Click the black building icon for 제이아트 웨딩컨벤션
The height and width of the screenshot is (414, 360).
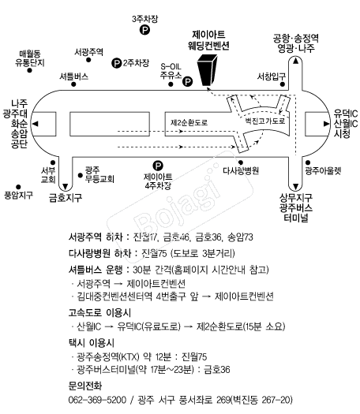point(207,70)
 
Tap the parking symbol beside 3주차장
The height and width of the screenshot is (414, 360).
point(144,29)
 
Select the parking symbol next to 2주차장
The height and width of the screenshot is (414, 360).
point(116,63)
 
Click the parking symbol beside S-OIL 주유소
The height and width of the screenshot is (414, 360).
point(187,81)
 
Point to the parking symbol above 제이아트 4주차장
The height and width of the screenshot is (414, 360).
point(158,166)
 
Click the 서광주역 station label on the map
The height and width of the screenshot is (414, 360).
point(88,52)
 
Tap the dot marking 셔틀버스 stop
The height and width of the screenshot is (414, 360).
point(73,84)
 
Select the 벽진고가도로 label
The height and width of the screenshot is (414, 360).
point(265,121)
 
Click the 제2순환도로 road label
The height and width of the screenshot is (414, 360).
point(189,122)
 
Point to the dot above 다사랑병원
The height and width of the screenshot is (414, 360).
point(241,162)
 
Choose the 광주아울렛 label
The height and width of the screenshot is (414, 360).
point(323,171)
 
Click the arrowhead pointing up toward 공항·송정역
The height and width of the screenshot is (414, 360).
point(295,61)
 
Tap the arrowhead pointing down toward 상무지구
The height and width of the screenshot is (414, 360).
point(295,187)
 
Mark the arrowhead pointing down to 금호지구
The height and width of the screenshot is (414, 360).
point(66,186)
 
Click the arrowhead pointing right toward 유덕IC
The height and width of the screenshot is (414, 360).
point(326,124)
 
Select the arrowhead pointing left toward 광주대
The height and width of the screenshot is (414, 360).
point(35,124)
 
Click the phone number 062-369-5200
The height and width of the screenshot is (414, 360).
point(97,400)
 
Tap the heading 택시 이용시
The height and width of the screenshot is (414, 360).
point(92,343)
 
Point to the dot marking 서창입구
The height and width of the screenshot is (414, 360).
point(283,84)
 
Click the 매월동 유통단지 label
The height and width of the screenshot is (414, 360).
point(30,58)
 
